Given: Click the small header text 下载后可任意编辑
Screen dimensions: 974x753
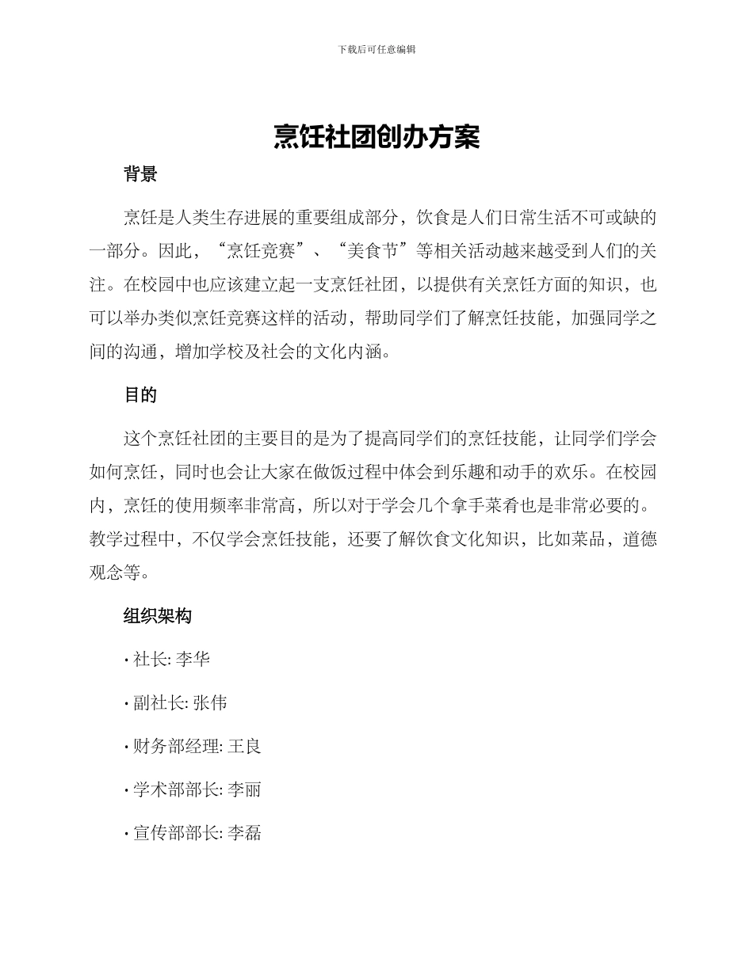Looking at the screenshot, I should pyautogui.click(x=376, y=49).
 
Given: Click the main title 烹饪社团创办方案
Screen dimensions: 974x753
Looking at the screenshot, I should pyautogui.click(x=376, y=137).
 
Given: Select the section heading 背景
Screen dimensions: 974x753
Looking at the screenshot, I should pyautogui.click(x=140, y=175).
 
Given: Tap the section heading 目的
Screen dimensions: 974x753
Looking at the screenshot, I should pyautogui.click(x=140, y=394).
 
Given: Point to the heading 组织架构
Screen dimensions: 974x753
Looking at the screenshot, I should pyautogui.click(x=158, y=616).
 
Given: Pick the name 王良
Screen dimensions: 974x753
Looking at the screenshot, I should pyautogui.click(x=245, y=746).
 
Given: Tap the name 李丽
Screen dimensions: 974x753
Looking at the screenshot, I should pyautogui.click(x=245, y=789).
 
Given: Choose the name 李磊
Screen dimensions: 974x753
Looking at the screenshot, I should pyautogui.click(x=245, y=833).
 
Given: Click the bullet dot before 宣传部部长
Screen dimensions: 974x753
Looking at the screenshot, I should pyautogui.click(x=127, y=834).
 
